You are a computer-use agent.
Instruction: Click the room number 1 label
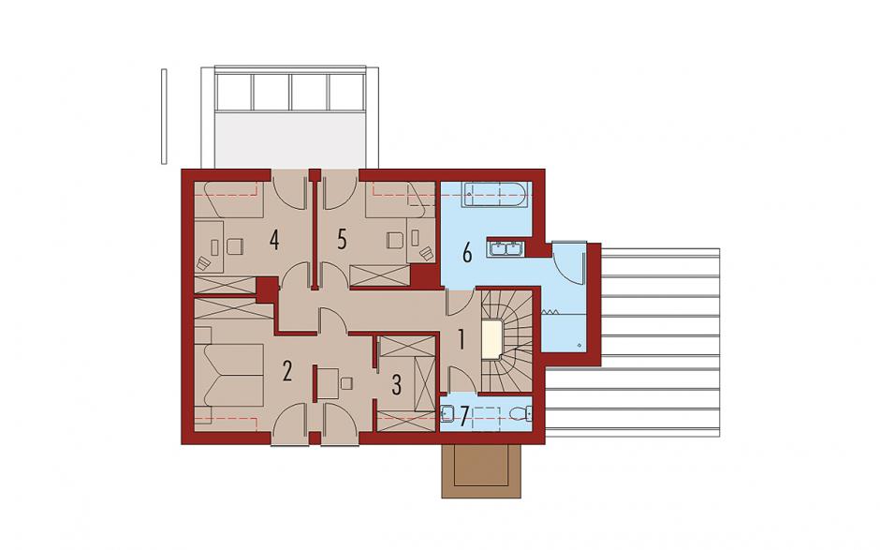[x=462, y=340]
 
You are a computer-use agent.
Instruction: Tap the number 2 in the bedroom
[x=286, y=371]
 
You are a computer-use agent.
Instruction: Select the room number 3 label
[x=396, y=385]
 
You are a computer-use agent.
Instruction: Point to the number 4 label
[x=274, y=240]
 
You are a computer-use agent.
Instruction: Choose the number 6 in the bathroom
[x=467, y=253]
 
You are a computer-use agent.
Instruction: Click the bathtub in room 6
[x=494, y=194]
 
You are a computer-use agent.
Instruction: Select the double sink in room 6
[x=506, y=247]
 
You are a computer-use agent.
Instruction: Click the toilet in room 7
[x=520, y=414]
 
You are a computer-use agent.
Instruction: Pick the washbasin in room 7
[x=447, y=414]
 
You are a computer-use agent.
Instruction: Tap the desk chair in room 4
[x=235, y=246]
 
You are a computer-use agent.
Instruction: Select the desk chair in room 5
[x=395, y=241]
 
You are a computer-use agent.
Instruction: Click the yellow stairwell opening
[x=491, y=339]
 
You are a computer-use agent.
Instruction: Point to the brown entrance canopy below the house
[x=481, y=470]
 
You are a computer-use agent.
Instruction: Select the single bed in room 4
[x=229, y=200]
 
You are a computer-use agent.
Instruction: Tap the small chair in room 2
[x=346, y=383]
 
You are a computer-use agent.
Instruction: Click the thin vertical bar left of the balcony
[x=164, y=116]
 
